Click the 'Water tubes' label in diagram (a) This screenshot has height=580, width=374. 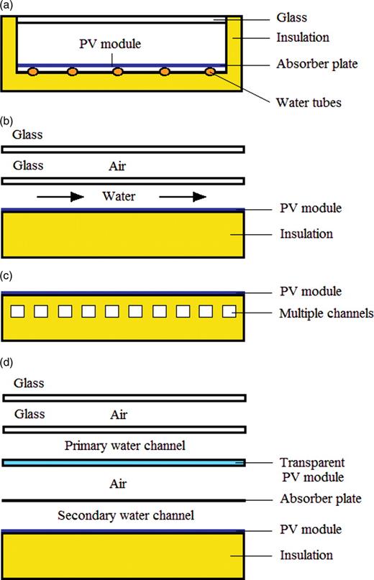309,103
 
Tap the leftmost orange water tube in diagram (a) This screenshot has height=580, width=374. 32,71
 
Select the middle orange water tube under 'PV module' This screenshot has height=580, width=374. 118,71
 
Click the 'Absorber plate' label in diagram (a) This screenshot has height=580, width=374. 317,64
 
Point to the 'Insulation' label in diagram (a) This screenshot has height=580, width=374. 303,37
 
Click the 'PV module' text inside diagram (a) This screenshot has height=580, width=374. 110,44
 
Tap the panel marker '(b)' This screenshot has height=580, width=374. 6,121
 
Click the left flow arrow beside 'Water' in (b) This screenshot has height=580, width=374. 60,197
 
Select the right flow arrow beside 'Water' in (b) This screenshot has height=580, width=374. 183,197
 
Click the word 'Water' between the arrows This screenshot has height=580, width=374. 119,196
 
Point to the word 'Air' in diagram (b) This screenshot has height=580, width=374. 117,166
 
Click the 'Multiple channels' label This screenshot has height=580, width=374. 327,313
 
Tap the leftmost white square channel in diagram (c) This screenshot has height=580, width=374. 17,311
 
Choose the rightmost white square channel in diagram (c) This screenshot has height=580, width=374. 229,311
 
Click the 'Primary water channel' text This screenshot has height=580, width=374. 125,446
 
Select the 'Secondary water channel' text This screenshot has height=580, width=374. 126,515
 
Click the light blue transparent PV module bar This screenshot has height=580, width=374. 124,463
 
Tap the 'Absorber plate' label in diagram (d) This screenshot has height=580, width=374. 321,499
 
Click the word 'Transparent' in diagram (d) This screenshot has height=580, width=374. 312,463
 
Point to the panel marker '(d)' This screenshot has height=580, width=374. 6,362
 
